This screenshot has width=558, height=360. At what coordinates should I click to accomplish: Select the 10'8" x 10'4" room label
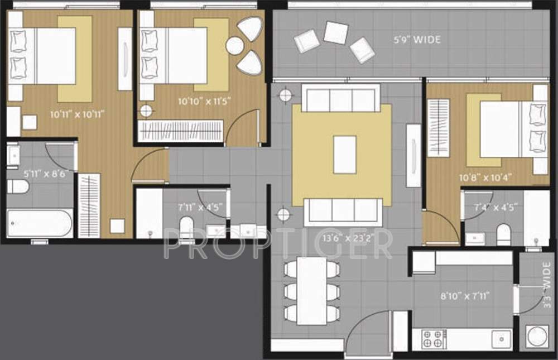coord(485,178)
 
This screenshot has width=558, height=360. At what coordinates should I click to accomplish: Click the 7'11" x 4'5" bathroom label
coord(200,207)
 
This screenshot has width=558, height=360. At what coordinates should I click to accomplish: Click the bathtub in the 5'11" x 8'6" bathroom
coord(40,223)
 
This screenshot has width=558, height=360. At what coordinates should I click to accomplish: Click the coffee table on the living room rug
coord(345,153)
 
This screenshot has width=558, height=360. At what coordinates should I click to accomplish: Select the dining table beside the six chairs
coord(311,290)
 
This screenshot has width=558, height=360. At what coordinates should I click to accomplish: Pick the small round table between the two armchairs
coord(234,46)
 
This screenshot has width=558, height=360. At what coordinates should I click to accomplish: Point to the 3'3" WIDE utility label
coord(547,294)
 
